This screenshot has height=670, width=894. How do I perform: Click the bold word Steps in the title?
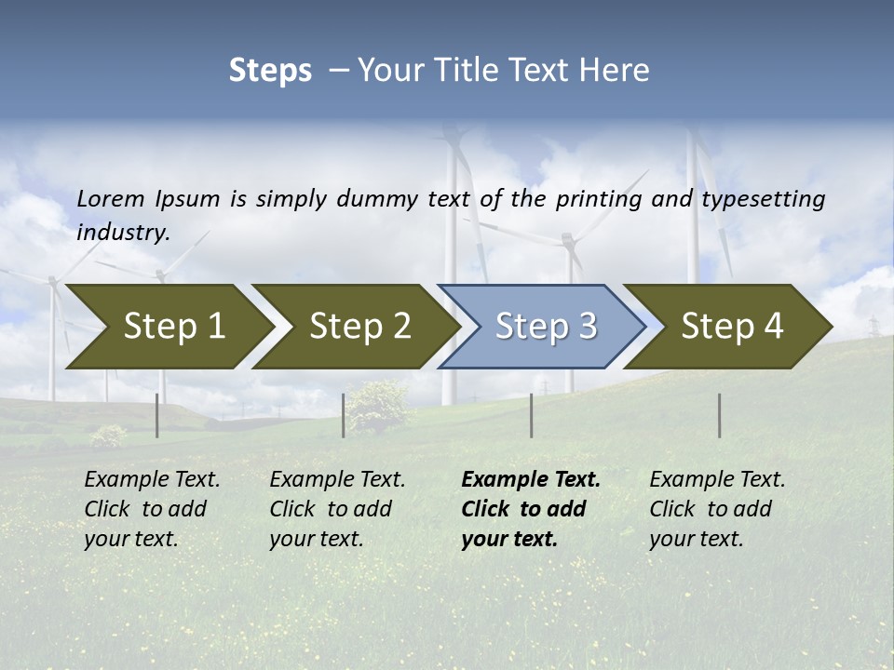[270, 71]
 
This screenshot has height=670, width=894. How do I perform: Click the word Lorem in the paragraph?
[111, 199]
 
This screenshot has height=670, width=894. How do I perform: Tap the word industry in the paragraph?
[122, 233]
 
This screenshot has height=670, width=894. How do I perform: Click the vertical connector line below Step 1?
[157, 415]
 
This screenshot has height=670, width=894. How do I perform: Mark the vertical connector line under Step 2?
[344, 415]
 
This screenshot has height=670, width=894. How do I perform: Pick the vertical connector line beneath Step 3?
[532, 415]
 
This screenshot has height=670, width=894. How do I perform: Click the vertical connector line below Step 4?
[720, 415]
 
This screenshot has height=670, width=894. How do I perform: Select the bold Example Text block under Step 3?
[531, 509]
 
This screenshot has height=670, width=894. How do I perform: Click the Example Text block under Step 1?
[152, 509]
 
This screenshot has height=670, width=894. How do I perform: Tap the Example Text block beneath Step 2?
[337, 509]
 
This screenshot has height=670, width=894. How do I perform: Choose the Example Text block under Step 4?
[717, 509]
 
